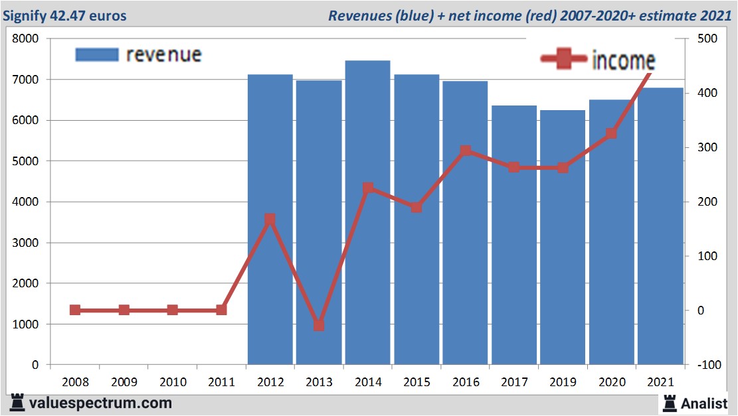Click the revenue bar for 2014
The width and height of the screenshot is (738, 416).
pyautogui.click(x=367, y=212)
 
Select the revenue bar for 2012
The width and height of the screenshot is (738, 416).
pyautogui.click(x=270, y=219)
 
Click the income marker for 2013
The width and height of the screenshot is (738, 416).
pyautogui.click(x=319, y=325)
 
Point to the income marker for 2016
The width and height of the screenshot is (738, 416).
pyautogui.click(x=465, y=151)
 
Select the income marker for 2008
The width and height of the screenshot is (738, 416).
pyautogui.click(x=75, y=310)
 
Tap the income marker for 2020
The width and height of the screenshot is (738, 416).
pyautogui.click(x=611, y=134)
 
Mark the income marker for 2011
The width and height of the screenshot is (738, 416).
pyautogui.click(x=221, y=310)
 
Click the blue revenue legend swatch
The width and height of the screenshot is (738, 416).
pyautogui.click(x=97, y=54)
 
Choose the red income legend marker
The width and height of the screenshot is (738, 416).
pyautogui.click(x=565, y=60)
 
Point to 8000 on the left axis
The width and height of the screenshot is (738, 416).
pyautogui.click(x=27, y=39)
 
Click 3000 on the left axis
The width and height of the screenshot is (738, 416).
pyautogui.click(x=27, y=243)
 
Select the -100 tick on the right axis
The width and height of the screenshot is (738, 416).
pyautogui.click(x=703, y=365)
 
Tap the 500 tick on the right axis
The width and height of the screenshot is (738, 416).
pyautogui.click(x=705, y=39)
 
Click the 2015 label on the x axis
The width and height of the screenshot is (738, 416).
pyautogui.click(x=416, y=383)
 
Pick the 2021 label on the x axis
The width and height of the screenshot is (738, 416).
pyautogui.click(x=660, y=383)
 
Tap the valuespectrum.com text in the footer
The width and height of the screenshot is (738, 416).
pyautogui.click(x=100, y=403)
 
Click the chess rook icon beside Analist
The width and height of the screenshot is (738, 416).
pyautogui.click(x=669, y=402)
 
